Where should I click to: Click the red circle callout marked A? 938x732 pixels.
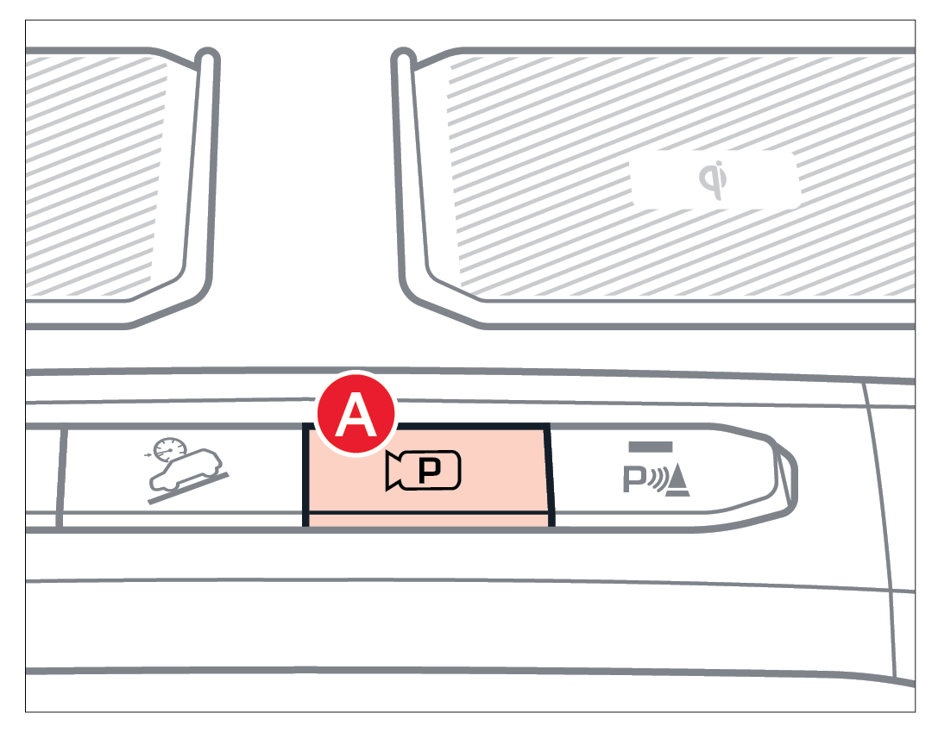pos(356,414)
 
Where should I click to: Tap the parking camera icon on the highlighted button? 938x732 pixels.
pos(423,471)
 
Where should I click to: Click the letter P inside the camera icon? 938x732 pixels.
pos(429,471)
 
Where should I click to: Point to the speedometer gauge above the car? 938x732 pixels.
pos(170,449)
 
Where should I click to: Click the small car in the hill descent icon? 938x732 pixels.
pos(186,470)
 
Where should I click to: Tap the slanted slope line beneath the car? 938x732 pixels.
pos(188,489)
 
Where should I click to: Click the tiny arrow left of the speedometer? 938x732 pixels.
pos(148,455)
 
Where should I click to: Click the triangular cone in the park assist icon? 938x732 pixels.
pos(677,482)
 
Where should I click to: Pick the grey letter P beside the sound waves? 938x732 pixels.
pos(633,479)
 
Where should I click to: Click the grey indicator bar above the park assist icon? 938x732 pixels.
pos(651,447)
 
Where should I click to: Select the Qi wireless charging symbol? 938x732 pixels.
pos(714,179)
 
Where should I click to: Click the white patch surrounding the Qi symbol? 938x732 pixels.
pos(716,179)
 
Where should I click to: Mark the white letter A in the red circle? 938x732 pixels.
pos(356,414)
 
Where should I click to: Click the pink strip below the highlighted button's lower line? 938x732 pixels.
pos(428,521)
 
